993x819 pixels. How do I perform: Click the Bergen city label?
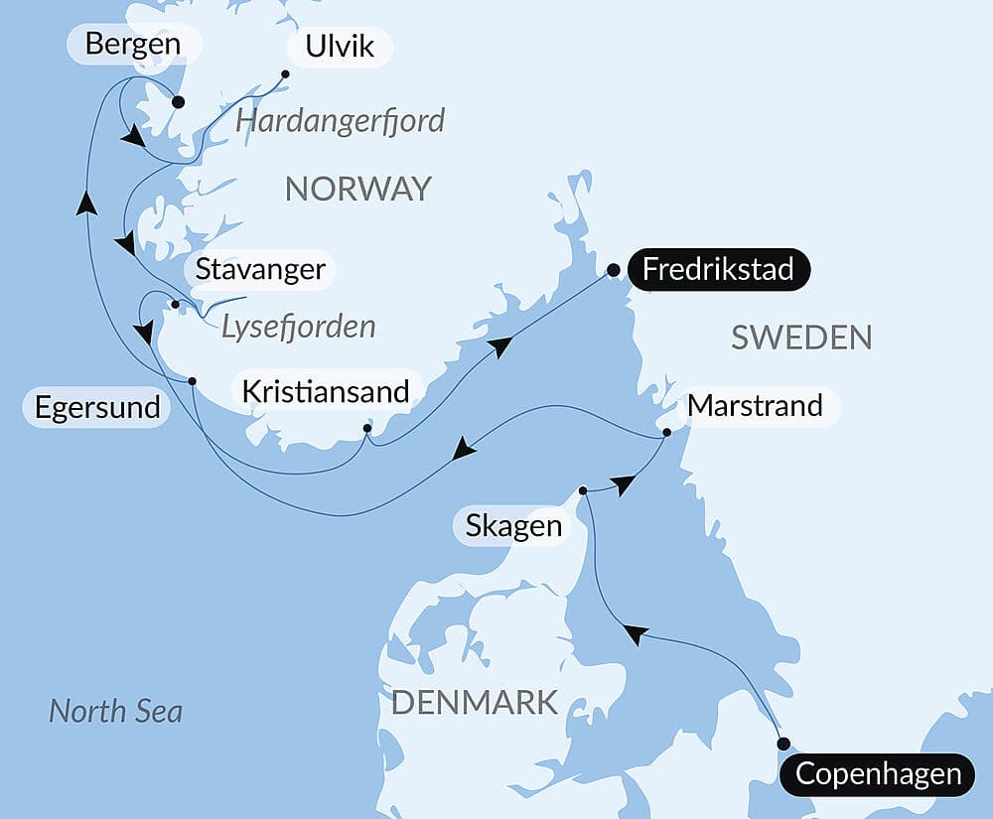133,45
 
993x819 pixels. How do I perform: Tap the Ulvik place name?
340,47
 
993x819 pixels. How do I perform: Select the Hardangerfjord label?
340,122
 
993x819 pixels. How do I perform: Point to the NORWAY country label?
358,189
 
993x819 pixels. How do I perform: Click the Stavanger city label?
260,269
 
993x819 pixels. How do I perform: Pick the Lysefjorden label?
298,326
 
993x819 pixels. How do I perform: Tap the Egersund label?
97,407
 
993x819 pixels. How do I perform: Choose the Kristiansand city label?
327,391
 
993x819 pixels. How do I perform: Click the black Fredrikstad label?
718,269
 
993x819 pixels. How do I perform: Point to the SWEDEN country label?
801,338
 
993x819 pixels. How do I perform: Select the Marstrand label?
755,406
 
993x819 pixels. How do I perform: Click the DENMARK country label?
474,703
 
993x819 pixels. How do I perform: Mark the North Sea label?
116,711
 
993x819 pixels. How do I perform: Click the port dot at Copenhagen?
783,744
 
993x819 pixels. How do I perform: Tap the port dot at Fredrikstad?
614,269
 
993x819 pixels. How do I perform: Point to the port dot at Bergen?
179,101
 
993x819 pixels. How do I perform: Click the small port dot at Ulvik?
285,73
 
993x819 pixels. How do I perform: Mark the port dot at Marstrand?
667,432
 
